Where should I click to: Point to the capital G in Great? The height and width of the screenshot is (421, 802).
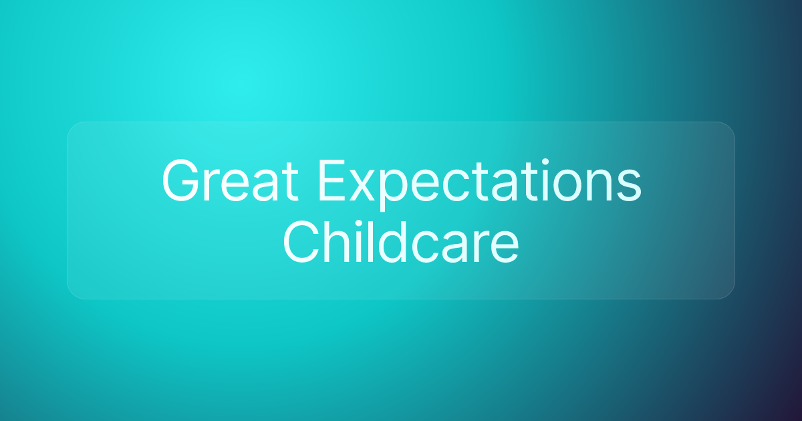(182, 182)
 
